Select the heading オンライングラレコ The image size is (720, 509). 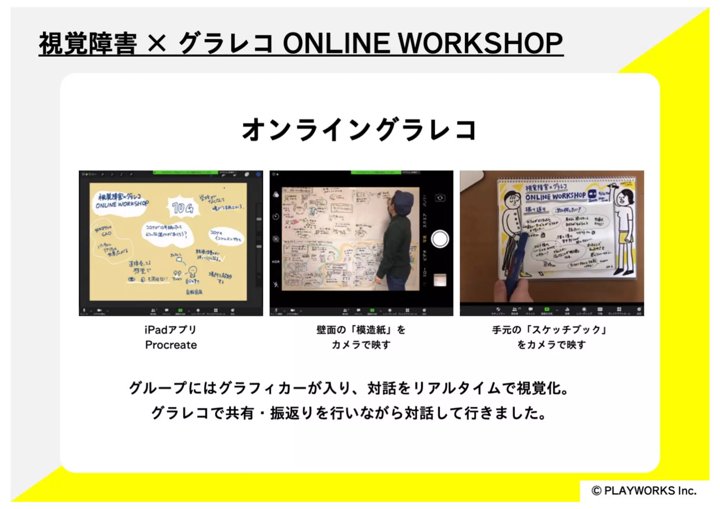359,129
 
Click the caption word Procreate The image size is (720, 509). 171,345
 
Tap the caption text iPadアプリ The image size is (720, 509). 171,330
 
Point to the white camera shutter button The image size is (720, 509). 439,239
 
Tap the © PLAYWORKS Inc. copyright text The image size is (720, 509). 644,491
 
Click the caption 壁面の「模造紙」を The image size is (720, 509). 361,330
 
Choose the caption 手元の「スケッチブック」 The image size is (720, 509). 551,330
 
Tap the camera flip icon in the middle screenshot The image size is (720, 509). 440,198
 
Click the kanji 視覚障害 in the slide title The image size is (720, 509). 88,44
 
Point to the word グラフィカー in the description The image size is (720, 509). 263,388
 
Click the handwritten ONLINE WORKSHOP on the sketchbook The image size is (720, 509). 555,196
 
